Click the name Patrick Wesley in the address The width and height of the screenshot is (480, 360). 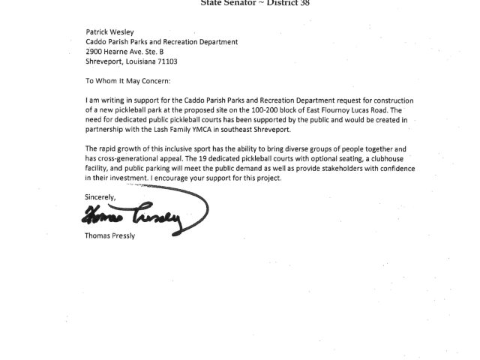point(109,32)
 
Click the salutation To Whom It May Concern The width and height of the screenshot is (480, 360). point(127,81)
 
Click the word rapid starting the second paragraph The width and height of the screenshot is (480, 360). point(110,149)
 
